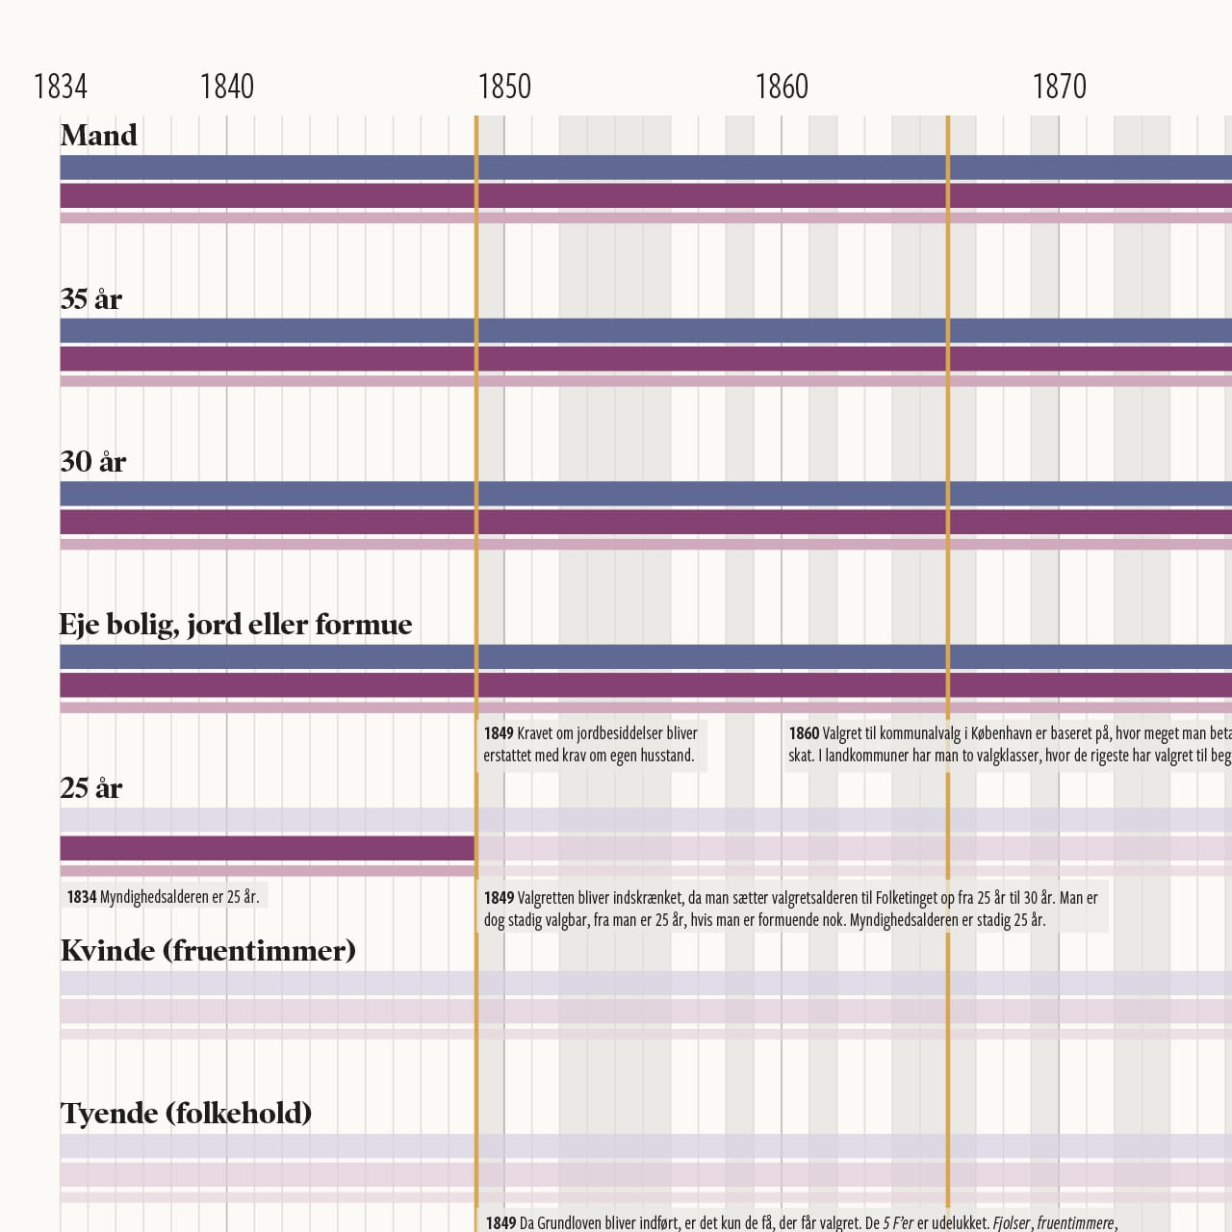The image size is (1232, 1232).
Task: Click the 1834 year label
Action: [60, 87]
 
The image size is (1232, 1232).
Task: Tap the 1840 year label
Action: [226, 87]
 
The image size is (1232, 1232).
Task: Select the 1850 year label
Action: [504, 87]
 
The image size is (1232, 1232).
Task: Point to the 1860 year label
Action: [782, 87]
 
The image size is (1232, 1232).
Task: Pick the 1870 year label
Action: [1059, 87]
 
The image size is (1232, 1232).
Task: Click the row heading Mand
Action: [98, 136]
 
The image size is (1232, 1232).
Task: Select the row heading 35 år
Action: [91, 299]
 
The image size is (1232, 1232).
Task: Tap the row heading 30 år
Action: [93, 462]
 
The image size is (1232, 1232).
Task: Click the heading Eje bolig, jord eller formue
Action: [236, 625]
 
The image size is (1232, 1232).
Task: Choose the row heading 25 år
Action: [91, 788]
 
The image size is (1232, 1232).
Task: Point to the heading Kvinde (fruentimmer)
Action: [208, 951]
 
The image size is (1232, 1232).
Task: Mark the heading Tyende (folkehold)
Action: [186, 1114]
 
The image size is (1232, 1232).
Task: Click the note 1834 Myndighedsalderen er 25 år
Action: [163, 897]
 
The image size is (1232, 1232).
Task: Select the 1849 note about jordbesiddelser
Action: [591, 744]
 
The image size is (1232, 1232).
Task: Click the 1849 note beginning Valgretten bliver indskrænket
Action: [791, 909]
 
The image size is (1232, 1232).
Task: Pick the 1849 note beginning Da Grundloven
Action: [799, 1222]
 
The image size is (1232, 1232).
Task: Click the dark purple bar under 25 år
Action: [267, 848]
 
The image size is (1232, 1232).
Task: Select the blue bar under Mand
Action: [616, 167]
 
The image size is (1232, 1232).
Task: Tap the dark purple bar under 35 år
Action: [616, 359]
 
